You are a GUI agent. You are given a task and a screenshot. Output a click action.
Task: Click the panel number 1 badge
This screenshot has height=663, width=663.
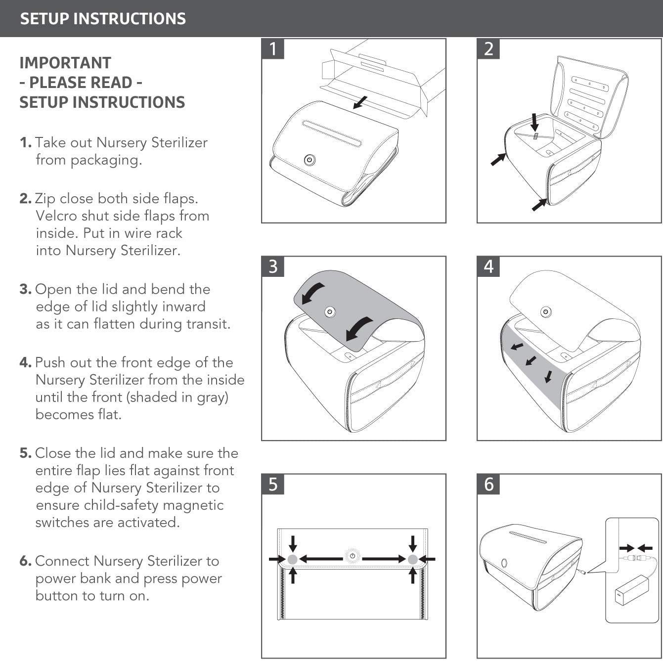pos(273,49)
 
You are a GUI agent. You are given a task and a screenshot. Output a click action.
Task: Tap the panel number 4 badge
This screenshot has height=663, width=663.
pos(488,266)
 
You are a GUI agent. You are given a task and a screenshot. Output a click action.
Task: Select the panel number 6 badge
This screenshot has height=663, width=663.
pos(488,484)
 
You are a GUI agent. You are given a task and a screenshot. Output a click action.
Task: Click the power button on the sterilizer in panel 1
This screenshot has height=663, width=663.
pos(309,160)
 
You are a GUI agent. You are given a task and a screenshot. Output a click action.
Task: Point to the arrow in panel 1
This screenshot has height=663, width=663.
pos(360,102)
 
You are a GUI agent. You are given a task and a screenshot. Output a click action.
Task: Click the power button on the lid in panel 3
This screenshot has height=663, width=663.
pos(330,311)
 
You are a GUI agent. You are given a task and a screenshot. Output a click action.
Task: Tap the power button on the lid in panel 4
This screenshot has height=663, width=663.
pos(546,312)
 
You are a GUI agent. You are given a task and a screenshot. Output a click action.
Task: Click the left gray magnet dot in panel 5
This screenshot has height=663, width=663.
pos(293,559)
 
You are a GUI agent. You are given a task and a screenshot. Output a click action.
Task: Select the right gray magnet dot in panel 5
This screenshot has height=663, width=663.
pos(412,559)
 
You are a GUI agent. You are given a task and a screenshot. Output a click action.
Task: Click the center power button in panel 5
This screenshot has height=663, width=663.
pos(353,556)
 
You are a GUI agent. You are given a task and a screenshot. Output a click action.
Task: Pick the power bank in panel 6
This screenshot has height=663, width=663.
pos(632,590)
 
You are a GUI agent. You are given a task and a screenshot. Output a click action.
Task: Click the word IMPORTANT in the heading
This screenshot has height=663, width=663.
pos(65,63)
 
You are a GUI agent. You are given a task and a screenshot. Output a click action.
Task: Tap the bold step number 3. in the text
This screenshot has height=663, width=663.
pos(25,289)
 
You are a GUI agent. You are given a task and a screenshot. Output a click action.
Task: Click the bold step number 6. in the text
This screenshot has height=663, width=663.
pos(25,561)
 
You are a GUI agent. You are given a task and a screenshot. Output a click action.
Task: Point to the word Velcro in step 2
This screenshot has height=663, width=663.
pos(56,216)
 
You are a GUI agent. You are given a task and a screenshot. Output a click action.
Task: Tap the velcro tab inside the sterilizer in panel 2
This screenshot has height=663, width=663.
pos(535,136)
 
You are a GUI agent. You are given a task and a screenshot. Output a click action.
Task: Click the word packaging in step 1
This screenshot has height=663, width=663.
pos(106,160)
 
